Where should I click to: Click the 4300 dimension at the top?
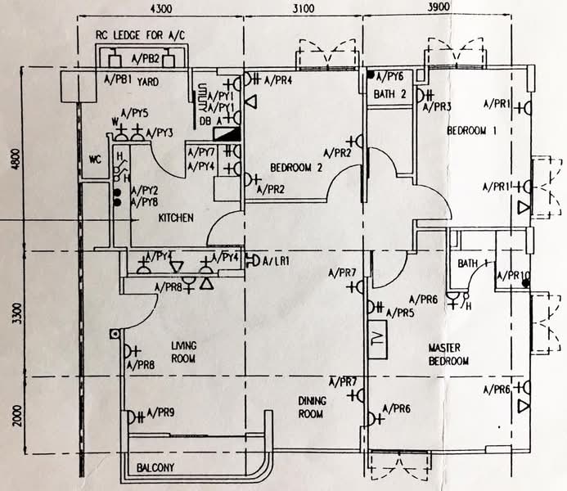click(161, 10)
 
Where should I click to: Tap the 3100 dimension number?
click(303, 10)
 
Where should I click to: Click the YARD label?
click(148, 82)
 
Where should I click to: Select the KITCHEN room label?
click(176, 218)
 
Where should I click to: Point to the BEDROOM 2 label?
click(297, 168)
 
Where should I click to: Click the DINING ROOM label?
click(311, 407)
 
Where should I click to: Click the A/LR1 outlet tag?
click(274, 261)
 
